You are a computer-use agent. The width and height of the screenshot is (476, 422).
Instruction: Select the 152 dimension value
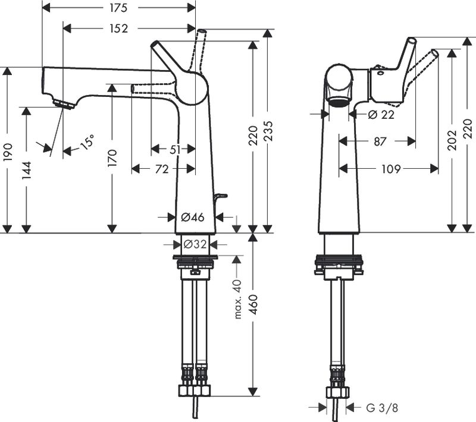tap(119, 28)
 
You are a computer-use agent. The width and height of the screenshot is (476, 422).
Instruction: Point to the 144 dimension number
tap(26, 169)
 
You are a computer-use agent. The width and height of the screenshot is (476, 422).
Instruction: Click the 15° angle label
tap(88, 142)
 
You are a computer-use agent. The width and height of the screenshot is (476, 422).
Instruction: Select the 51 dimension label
tap(174, 150)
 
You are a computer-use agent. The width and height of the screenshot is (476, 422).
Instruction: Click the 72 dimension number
tap(161, 169)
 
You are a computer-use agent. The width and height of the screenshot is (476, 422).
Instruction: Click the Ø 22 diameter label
tap(381, 115)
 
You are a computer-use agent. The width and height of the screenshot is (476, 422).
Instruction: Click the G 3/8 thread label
tap(381, 408)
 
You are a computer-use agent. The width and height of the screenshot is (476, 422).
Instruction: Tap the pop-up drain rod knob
tap(221, 196)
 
